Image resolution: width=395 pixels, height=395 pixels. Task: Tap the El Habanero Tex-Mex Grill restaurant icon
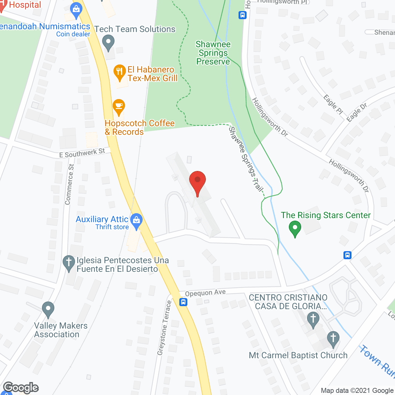coord(119,72)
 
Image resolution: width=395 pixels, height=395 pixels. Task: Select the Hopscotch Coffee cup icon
coord(119,106)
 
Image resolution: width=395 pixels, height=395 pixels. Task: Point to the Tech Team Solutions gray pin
coord(108,43)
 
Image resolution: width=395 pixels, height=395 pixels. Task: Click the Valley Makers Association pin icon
coord(48,309)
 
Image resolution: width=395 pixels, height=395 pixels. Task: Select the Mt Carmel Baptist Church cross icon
coord(333,339)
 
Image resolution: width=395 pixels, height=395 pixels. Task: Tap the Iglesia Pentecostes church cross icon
coord(69,263)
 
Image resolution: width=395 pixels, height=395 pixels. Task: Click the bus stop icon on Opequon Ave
coord(183,302)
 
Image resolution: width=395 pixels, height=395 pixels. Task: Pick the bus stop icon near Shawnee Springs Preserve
coord(243,15)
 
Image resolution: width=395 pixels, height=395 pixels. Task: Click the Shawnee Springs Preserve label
coord(213,53)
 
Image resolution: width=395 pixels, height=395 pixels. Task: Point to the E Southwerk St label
coord(82,153)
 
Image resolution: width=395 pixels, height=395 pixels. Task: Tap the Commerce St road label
coord(69,184)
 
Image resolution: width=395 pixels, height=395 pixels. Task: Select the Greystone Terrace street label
coord(164,328)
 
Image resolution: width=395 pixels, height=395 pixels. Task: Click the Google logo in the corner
coord(21,388)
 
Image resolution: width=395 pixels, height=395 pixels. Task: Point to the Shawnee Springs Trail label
coord(246,159)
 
